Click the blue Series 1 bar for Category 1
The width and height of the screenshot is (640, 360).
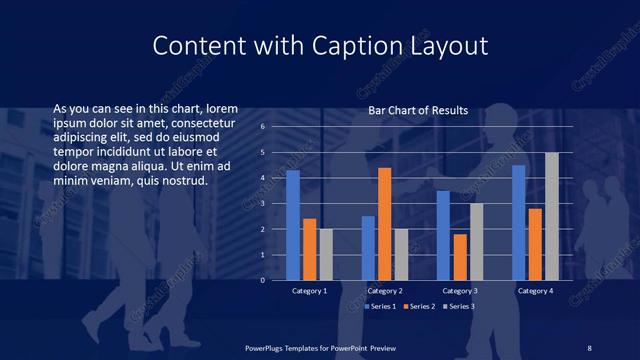[x=293, y=225]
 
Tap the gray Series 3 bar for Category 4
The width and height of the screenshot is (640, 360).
[x=551, y=216]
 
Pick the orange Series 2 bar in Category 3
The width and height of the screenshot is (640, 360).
[x=460, y=257]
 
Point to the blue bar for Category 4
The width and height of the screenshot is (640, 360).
[x=519, y=222]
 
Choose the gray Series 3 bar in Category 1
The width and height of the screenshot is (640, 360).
[x=325, y=254]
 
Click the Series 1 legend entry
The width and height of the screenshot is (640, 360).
[x=380, y=305]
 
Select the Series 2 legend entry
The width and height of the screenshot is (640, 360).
[x=419, y=305]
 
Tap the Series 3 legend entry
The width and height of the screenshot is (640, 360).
[x=459, y=305]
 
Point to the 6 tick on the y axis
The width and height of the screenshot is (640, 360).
[x=262, y=127]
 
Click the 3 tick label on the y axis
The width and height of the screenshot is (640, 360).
[x=262, y=204]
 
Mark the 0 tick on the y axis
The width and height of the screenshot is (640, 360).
[x=262, y=280]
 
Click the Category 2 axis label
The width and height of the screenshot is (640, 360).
[x=384, y=291]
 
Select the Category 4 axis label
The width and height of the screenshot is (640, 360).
[x=535, y=291]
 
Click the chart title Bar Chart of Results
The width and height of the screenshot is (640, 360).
[x=418, y=110]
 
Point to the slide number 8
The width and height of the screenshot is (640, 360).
[x=589, y=347]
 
